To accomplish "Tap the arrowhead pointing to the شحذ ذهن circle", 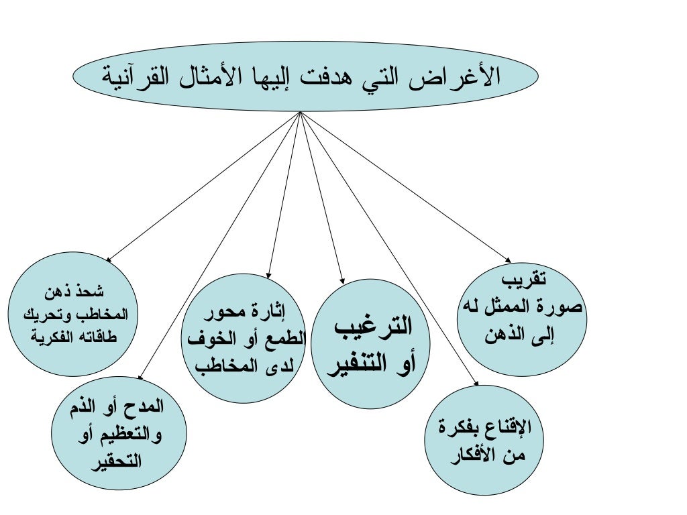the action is point(109,259).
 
